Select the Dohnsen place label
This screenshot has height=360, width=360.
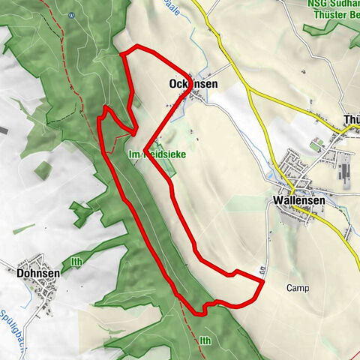[x=37, y=274]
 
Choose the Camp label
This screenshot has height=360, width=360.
[x=297, y=288]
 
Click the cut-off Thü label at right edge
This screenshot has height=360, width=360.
[x=350, y=119]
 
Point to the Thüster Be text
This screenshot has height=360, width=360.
[x=332, y=16]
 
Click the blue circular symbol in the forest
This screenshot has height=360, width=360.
[x=72, y=14]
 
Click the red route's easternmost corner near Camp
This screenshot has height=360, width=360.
[x=263, y=281]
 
